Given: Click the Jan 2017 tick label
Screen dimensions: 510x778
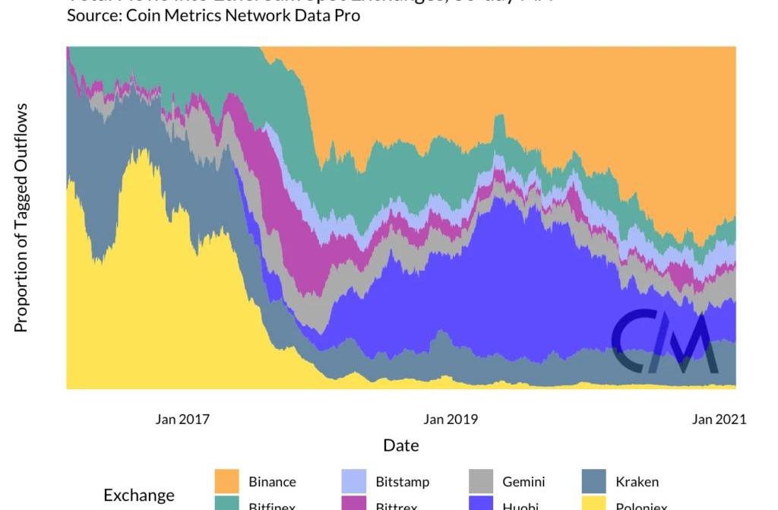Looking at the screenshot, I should [x=182, y=419].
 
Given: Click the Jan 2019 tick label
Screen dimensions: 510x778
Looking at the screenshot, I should [x=451, y=419].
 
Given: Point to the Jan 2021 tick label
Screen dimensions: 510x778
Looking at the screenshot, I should [x=719, y=419].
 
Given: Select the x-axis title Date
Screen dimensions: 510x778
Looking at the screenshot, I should [x=400, y=445].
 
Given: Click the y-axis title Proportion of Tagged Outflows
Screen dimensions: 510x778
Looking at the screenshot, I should [x=21, y=218].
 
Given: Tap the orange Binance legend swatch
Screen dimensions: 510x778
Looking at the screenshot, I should [x=226, y=481].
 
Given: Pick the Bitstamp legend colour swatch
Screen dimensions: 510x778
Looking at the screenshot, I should [x=353, y=481].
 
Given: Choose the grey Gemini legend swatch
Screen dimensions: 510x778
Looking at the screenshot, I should [x=480, y=481].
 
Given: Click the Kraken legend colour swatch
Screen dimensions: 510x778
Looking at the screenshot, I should [x=593, y=481].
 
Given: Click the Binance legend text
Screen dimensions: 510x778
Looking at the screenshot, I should [x=272, y=482].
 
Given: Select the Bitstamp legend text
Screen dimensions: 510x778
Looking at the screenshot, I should [x=402, y=482].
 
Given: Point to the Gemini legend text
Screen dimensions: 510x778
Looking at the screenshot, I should [x=523, y=482].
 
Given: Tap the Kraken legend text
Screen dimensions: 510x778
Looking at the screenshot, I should [x=637, y=482].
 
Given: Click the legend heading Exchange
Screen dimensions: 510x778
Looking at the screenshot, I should [x=139, y=496].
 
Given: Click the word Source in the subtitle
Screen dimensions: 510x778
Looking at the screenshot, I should [x=90, y=15].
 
